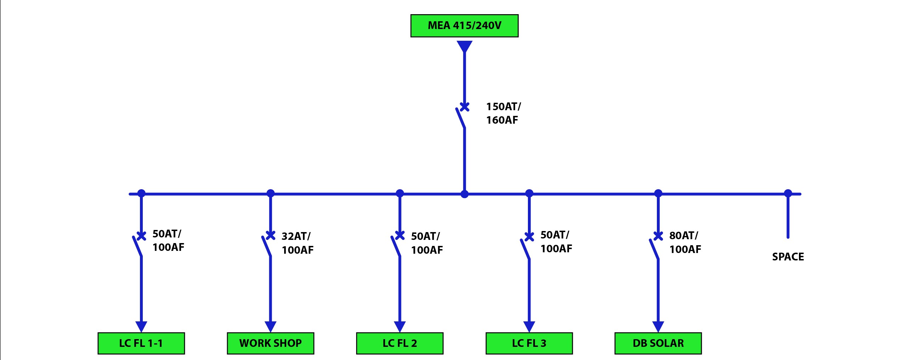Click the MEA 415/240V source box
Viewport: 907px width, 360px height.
click(x=464, y=26)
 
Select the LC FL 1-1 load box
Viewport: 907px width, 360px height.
click(x=141, y=343)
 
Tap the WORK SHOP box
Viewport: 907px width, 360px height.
click(x=270, y=343)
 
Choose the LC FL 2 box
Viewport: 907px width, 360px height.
click(x=400, y=343)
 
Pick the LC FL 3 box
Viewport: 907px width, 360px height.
click(x=529, y=343)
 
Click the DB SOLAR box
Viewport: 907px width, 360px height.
click(x=658, y=343)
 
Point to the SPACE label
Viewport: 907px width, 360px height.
click(x=788, y=257)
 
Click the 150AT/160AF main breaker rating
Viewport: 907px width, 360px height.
click(x=503, y=113)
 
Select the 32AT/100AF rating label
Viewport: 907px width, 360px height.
click(x=298, y=243)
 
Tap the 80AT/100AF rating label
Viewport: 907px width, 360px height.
click(x=685, y=242)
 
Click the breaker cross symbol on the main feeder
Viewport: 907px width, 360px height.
click(x=464, y=107)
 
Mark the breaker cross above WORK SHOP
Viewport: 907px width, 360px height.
click(x=270, y=235)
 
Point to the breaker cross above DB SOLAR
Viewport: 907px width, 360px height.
click(x=658, y=236)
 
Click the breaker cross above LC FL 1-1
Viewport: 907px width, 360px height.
click(x=141, y=236)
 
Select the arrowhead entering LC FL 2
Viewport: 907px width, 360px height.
click(x=400, y=327)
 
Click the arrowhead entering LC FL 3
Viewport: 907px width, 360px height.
click(x=529, y=327)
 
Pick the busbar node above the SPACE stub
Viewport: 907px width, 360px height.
click(x=788, y=193)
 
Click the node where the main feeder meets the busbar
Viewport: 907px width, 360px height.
click(x=464, y=194)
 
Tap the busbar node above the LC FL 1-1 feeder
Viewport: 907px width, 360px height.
click(x=141, y=193)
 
